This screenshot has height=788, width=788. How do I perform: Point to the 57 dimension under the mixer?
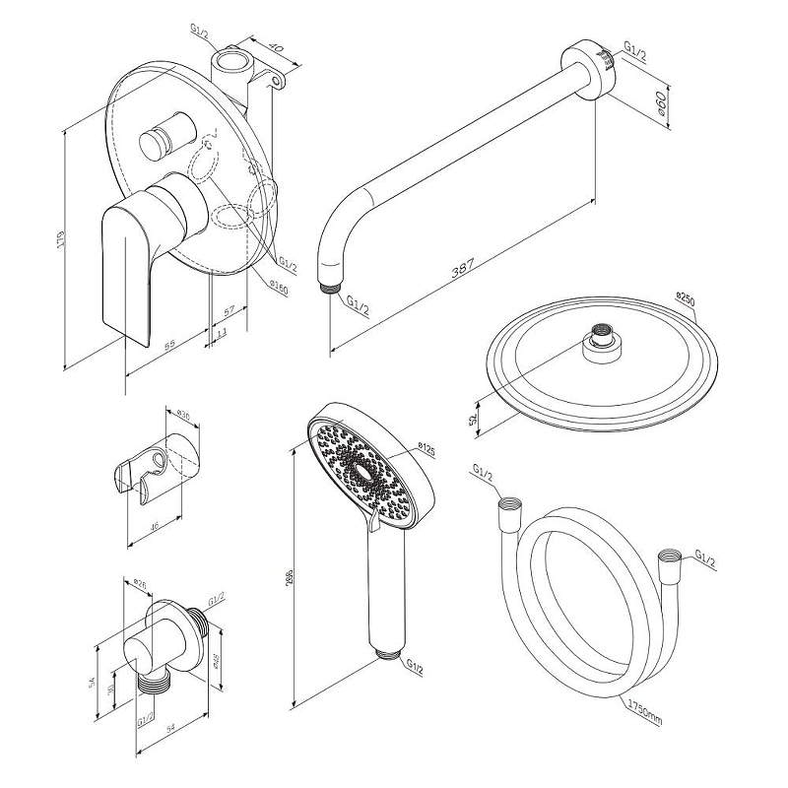coord(229,312)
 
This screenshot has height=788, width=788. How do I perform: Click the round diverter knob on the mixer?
coord(160,139)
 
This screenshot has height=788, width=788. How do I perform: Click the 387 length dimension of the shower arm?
coord(462,268)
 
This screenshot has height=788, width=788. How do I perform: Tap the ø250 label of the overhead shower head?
coord(687,296)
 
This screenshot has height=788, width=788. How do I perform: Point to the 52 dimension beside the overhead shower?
coord(475,420)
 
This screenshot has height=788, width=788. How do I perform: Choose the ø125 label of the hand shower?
coord(427,450)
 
